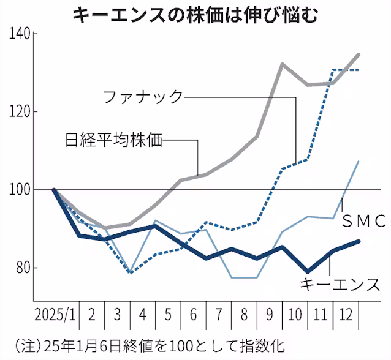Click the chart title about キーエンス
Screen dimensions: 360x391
(195, 13)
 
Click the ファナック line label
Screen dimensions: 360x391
(142, 97)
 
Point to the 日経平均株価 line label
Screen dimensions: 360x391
(113, 140)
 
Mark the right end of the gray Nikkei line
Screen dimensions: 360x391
(359, 54)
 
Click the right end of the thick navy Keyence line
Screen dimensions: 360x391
(359, 241)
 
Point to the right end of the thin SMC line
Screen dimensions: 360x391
(359, 161)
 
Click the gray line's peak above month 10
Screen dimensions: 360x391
(283, 64)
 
